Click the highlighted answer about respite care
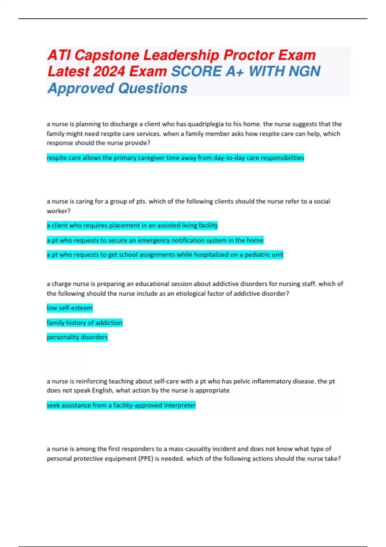(x=175, y=158)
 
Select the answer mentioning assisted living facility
(x=132, y=225)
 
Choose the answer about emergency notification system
(x=155, y=240)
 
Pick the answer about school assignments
(x=165, y=255)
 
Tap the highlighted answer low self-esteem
(x=69, y=308)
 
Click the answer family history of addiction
(x=85, y=323)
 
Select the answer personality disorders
(x=77, y=337)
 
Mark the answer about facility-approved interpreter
(x=121, y=405)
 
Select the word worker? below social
(x=59, y=211)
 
